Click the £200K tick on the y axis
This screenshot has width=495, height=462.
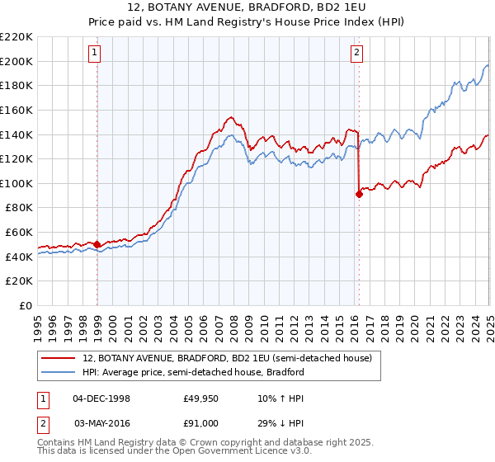[16, 61]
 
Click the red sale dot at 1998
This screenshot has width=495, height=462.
[97, 244]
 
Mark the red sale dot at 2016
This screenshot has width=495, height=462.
[359, 194]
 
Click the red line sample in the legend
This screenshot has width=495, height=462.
[59, 359]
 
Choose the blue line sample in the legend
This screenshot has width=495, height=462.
[59, 372]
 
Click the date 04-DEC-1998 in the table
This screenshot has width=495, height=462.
[101, 398]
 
